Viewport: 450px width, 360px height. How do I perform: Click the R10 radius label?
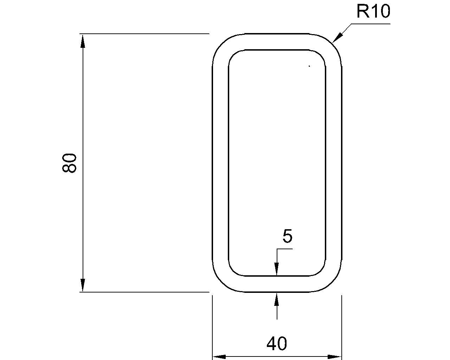pyautogui.click(x=373, y=12)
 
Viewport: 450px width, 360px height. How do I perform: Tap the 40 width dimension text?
pyautogui.click(x=277, y=343)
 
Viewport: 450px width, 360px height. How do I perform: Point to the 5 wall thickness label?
pyautogui.click(x=287, y=236)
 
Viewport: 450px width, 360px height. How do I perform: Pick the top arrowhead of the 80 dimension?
pyautogui.click(x=83, y=41)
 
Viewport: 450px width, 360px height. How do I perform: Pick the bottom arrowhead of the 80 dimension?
pyautogui.click(x=83, y=285)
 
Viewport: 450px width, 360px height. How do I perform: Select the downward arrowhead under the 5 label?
pyautogui.click(x=277, y=269)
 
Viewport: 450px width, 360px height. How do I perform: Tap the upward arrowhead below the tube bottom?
pyautogui.click(x=277, y=299)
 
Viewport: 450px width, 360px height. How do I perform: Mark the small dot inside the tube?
pyautogui.click(x=309, y=66)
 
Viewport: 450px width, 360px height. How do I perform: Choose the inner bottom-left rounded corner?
pyautogui.click(x=233, y=271)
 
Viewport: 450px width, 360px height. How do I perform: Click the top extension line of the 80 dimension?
pyautogui.click(x=144, y=34)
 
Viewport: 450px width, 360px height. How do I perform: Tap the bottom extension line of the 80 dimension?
pyautogui.click(x=144, y=292)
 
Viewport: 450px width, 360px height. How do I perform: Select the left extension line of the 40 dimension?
pyautogui.click(x=212, y=327)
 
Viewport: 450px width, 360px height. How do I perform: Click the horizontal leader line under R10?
pyautogui.click(x=371, y=24)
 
